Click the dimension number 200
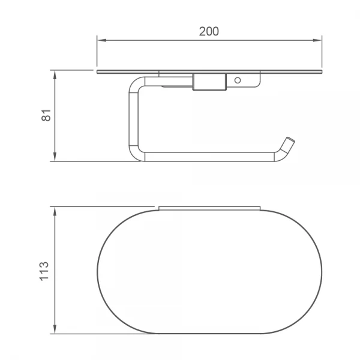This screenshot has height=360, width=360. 209,32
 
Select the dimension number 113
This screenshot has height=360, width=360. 46,271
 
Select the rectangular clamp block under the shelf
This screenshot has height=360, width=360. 209,82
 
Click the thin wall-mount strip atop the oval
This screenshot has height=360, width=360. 209,208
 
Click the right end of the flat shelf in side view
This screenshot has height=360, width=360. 320,72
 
